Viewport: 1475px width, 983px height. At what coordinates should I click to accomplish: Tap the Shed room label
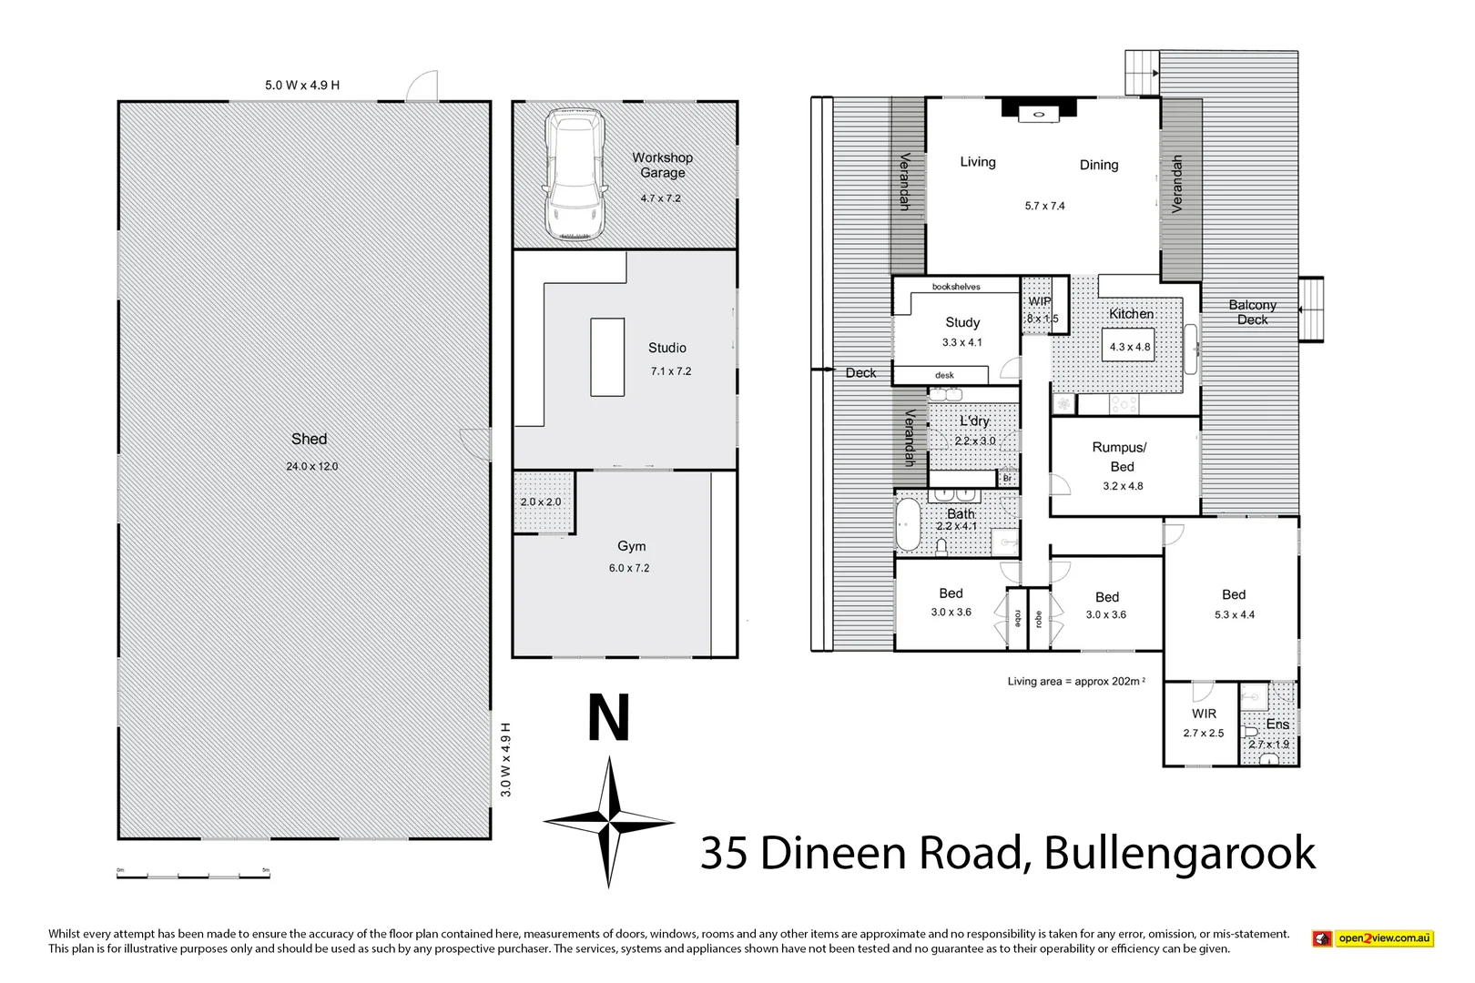point(309,439)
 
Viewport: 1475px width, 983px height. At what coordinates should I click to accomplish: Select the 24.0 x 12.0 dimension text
point(311,466)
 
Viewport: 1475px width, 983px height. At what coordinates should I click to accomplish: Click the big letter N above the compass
point(608,718)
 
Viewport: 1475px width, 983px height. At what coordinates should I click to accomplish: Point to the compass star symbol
point(608,822)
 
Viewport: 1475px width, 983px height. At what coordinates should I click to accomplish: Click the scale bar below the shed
point(193,876)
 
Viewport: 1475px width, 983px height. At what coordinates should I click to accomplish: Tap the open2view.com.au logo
point(1373,938)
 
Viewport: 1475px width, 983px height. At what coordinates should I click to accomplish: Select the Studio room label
point(666,348)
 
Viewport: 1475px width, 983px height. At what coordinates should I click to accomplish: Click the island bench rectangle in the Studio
point(607,357)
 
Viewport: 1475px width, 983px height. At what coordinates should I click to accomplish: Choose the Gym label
point(631,546)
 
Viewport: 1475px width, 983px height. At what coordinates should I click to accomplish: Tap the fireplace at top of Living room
point(1037,109)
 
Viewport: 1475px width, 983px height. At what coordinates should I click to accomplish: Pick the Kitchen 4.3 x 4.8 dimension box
point(1129,347)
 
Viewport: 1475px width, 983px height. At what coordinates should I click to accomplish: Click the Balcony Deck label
point(1252,312)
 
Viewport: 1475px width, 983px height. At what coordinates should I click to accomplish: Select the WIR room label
point(1204,714)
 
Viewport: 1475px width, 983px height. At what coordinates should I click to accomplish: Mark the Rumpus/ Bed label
point(1120,457)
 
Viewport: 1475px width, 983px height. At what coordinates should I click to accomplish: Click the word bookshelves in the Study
point(956,287)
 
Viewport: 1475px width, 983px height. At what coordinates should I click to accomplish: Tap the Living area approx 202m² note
point(1075,681)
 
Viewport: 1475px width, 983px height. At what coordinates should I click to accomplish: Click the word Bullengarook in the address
point(1179,854)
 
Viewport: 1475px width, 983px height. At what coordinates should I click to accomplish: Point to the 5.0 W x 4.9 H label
point(302,86)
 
